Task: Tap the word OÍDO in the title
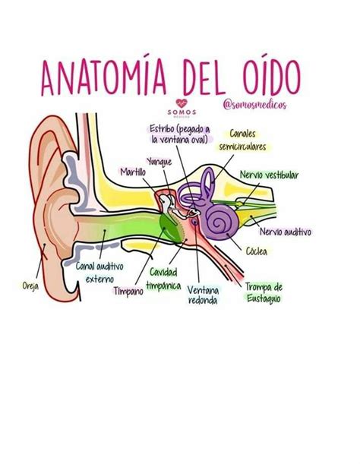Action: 272,77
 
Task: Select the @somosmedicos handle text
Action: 255,105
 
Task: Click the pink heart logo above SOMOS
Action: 182,103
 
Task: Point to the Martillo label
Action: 133,172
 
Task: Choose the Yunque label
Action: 159,162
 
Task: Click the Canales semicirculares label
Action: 242,140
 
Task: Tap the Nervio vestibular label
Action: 269,175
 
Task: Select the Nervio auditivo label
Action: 286,232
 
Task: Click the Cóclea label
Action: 257,251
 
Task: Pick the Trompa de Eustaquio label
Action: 264,292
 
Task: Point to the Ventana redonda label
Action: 203,295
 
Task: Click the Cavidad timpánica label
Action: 164,279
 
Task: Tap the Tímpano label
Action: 129,291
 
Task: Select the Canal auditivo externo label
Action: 99,273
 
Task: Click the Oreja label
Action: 30,286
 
